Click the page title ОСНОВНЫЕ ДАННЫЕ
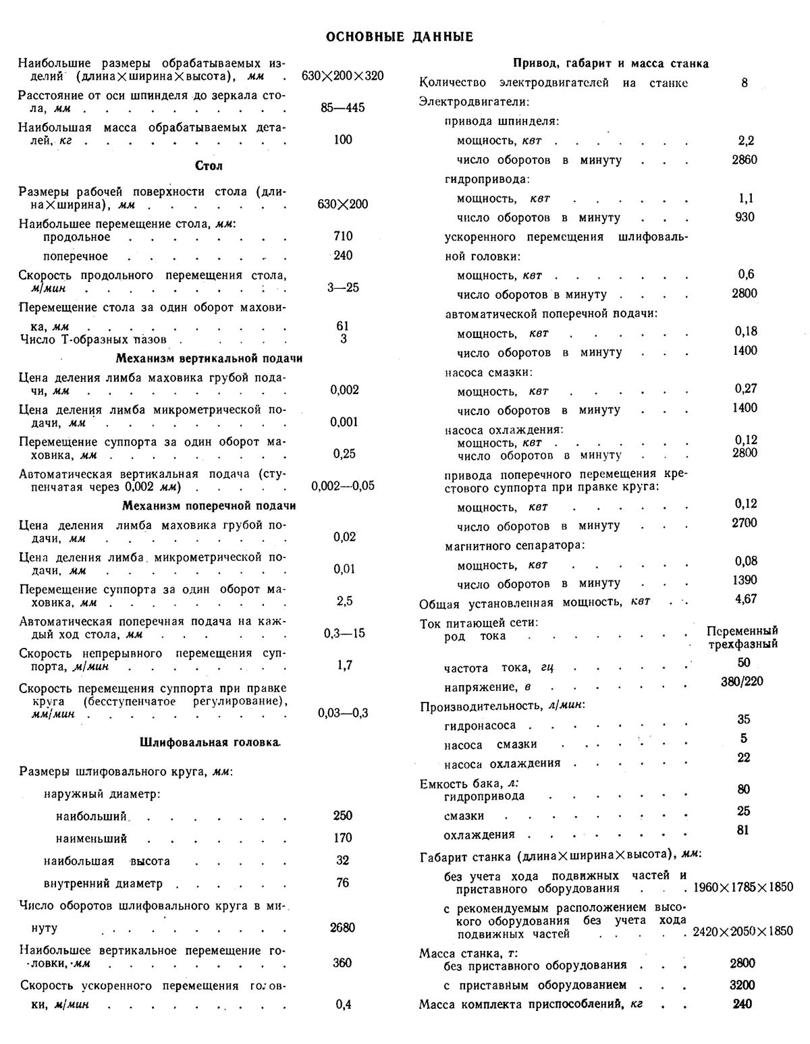(400, 36)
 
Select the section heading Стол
(209, 166)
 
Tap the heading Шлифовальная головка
(210, 742)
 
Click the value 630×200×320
(343, 76)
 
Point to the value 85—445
(343, 108)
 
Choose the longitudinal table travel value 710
(343, 236)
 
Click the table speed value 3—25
(343, 287)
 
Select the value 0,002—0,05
(343, 486)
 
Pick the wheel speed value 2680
(343, 927)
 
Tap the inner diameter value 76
(343, 883)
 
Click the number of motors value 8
(745, 83)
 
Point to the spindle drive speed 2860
(745, 160)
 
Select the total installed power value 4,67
(746, 599)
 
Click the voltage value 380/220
(742, 681)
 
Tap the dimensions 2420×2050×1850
(742, 931)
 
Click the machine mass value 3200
(742, 985)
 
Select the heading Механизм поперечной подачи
(209, 505)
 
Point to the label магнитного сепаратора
(515, 545)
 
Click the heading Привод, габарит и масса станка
(611, 63)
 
